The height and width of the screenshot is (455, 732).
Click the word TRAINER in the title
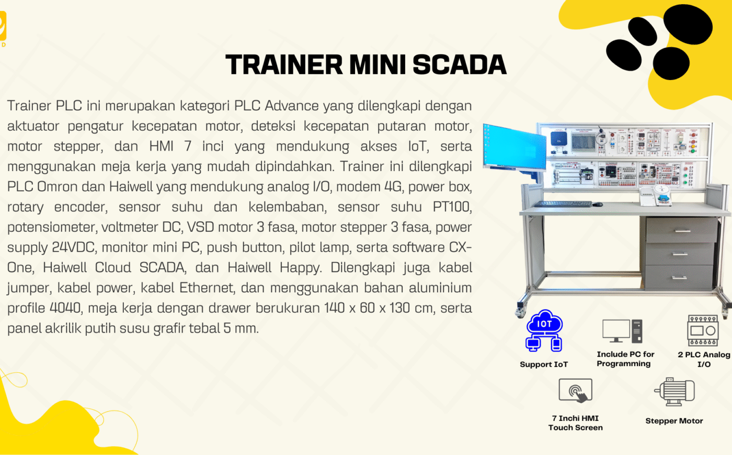click(x=284, y=65)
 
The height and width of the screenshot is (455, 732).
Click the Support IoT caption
click(x=544, y=365)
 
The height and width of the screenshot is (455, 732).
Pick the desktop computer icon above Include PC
click(x=622, y=331)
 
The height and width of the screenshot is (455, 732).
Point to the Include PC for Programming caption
click(x=625, y=359)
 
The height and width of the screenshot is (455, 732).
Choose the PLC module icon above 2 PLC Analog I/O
click(x=703, y=331)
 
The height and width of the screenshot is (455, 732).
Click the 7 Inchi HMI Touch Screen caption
click(x=575, y=423)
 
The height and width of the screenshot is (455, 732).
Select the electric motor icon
click(x=674, y=392)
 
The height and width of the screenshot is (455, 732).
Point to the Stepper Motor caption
click(x=674, y=421)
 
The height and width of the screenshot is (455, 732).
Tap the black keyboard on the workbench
click(x=564, y=204)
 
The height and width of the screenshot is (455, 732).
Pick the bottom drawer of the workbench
click(x=680, y=277)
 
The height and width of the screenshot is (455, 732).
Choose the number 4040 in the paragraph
click(x=65, y=308)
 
